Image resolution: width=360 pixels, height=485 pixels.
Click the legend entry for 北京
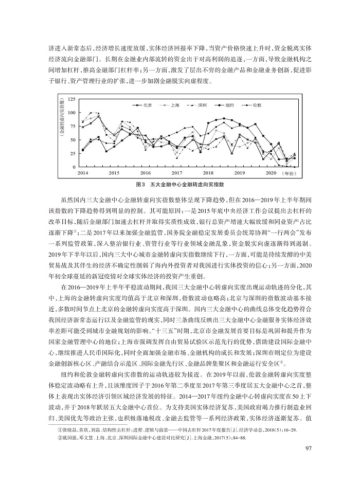pos(146,105)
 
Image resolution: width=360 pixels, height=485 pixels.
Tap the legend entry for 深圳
pos(202,105)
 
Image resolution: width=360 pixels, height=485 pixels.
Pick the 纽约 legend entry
pos(229,105)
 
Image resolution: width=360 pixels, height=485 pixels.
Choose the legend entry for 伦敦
pos(257,105)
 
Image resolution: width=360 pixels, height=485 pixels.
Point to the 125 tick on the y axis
pos(71,98)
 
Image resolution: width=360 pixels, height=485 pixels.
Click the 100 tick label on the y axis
pos(71,112)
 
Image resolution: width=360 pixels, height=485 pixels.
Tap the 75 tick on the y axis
pos(73,126)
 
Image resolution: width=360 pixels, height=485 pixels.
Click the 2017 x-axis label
pos(177,173)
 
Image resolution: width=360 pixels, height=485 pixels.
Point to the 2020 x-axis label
pos(271,173)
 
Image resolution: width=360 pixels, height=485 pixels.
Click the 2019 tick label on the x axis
pos(240,173)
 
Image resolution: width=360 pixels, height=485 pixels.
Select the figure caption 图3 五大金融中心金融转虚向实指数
pos(180,184)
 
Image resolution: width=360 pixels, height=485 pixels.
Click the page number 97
pos(309,463)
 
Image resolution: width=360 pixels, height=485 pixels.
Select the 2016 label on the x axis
pos(146,173)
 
